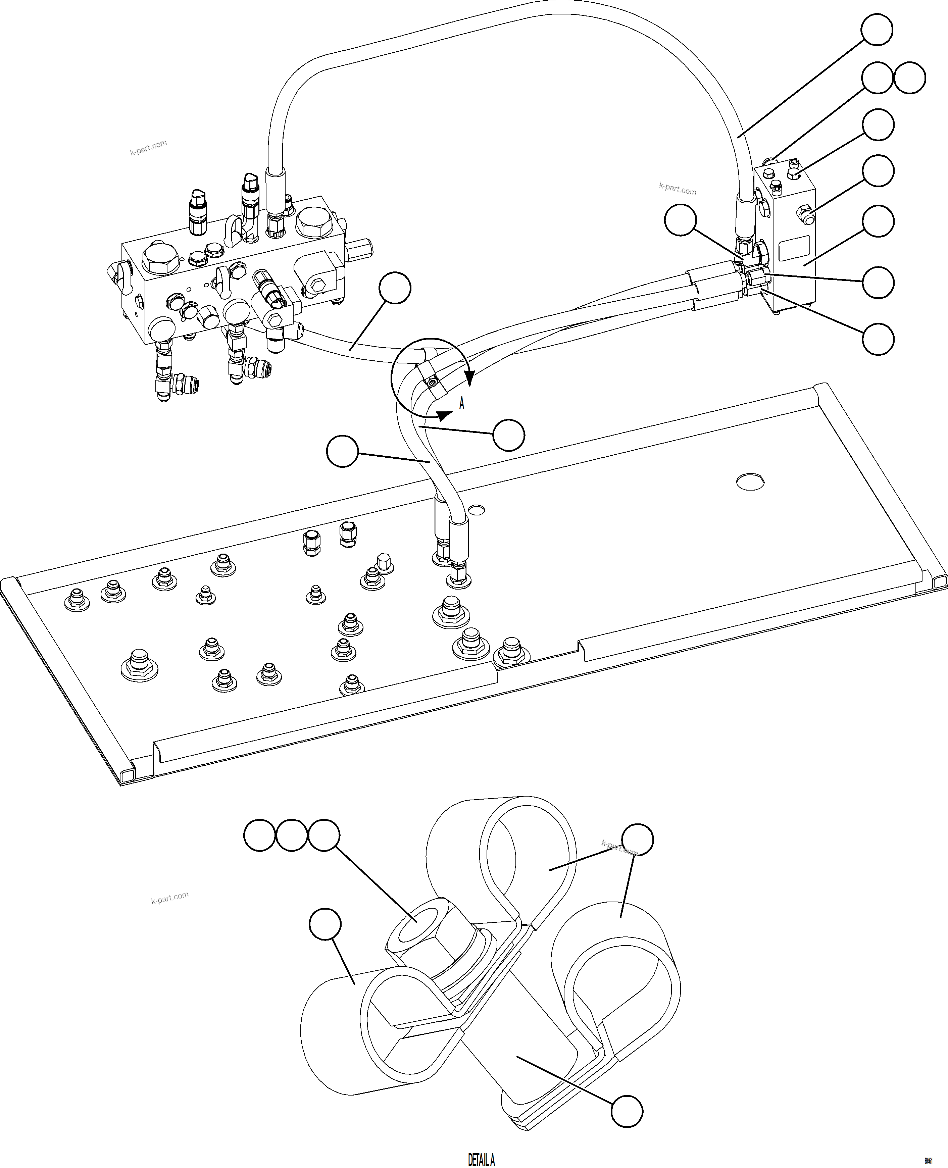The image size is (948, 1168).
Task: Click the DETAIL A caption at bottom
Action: tap(481, 1159)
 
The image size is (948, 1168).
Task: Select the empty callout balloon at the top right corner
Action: tap(877, 30)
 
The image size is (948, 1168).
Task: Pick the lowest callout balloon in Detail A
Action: tap(627, 1111)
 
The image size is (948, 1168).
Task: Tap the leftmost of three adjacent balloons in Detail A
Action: tap(259, 835)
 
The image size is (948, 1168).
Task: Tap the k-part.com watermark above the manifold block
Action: tap(148, 147)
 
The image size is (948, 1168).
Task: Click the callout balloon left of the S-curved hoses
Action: tap(342, 451)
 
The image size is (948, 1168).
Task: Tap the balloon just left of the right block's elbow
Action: tap(681, 220)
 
